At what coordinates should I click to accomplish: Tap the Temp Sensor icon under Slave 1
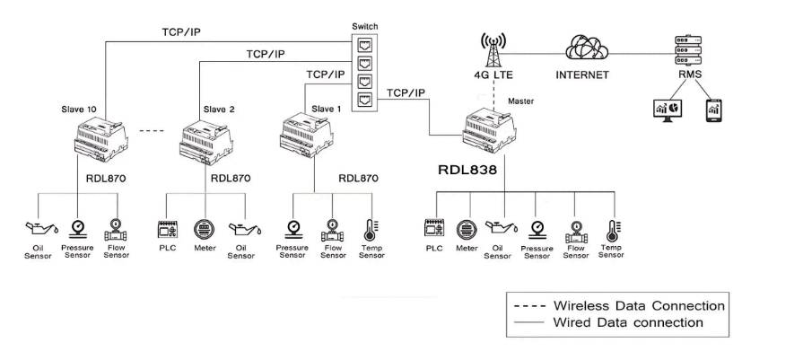click(371, 228)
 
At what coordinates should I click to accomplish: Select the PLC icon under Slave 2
click(168, 228)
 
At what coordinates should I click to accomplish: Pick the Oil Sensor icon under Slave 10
click(36, 228)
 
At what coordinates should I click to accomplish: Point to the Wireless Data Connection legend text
click(639, 305)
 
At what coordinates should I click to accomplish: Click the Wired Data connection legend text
click(628, 322)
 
